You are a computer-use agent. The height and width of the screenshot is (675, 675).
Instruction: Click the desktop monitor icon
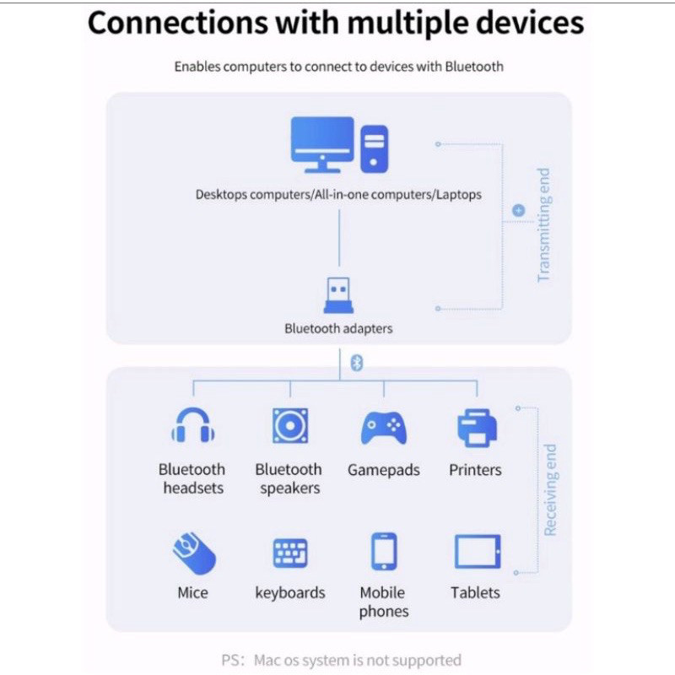click(322, 144)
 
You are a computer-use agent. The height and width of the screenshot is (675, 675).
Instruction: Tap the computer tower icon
click(374, 149)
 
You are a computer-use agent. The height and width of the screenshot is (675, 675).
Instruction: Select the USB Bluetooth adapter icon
click(338, 294)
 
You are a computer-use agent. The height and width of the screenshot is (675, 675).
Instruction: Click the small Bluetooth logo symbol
click(357, 363)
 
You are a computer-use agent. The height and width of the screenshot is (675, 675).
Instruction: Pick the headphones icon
click(193, 425)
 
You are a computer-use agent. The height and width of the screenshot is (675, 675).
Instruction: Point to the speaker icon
click(290, 426)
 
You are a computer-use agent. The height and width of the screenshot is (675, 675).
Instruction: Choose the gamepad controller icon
click(384, 428)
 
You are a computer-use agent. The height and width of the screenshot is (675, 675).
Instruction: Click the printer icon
click(477, 428)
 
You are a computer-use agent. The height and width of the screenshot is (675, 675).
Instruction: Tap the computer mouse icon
click(194, 553)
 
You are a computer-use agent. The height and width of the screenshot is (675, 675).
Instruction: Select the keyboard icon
click(290, 553)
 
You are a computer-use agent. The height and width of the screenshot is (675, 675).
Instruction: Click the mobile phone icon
click(384, 552)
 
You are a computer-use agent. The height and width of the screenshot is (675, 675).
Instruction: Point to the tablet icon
click(478, 552)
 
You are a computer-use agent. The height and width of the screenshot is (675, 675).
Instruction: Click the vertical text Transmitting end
click(543, 224)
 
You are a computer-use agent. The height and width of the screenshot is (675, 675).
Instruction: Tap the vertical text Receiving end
click(550, 490)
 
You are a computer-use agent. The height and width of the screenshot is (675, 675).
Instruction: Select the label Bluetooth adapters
click(338, 328)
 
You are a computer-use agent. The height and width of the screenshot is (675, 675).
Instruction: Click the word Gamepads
click(384, 470)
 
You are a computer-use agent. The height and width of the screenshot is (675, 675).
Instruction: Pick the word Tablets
click(475, 593)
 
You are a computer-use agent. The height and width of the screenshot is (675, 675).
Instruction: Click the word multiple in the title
click(408, 24)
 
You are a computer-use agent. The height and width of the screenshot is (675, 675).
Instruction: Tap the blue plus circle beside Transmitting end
click(519, 210)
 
